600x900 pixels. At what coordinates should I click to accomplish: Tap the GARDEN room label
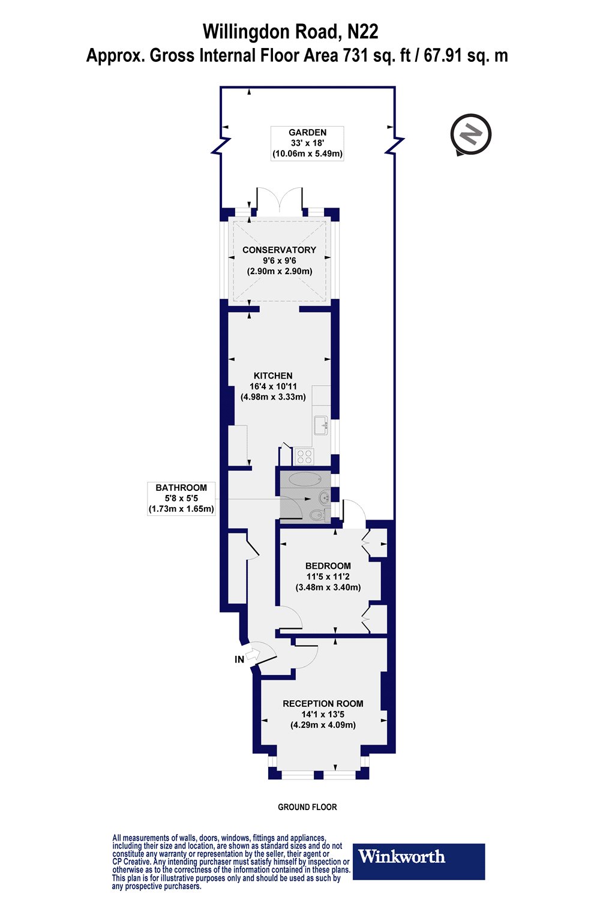click(x=307, y=133)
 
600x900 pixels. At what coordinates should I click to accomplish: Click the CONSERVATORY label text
click(x=279, y=250)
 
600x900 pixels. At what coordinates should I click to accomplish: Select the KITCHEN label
click(x=273, y=376)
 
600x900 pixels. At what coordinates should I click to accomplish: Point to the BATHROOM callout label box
click(x=181, y=499)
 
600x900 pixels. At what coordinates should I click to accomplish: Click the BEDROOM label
click(x=328, y=566)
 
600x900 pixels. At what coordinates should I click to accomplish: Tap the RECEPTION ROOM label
click(x=323, y=704)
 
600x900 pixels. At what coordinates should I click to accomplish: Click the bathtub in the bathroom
click(x=304, y=479)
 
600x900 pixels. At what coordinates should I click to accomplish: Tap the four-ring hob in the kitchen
click(x=304, y=457)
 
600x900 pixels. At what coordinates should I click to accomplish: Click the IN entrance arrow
click(x=252, y=656)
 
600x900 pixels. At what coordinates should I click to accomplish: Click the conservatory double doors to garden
click(x=279, y=200)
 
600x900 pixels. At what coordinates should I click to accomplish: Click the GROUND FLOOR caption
click(x=307, y=807)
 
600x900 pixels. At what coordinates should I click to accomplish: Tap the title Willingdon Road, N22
click(x=290, y=31)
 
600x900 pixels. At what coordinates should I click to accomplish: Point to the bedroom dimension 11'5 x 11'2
click(x=328, y=577)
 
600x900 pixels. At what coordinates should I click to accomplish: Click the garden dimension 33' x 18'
click(x=307, y=143)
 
